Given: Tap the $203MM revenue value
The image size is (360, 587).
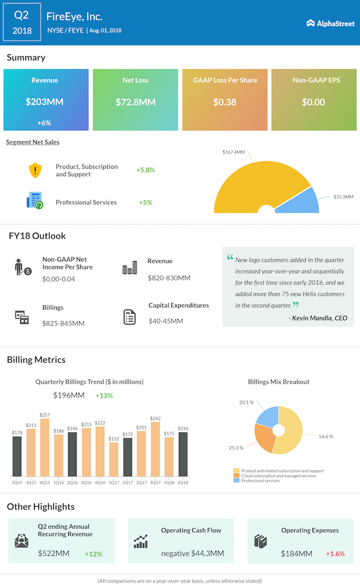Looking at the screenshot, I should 44,102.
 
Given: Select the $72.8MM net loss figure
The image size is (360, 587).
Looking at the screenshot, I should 135,102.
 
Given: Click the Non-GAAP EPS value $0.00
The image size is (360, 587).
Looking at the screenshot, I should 314,102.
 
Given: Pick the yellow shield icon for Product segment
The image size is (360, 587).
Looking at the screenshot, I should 36,170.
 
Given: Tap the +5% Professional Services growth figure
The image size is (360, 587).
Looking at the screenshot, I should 146,202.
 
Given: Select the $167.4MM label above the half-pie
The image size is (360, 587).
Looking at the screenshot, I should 234,152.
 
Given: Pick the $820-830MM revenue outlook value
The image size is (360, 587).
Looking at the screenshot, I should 169,278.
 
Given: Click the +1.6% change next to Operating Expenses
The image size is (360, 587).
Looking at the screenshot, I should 335,554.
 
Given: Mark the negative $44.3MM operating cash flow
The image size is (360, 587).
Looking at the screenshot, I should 192,554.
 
